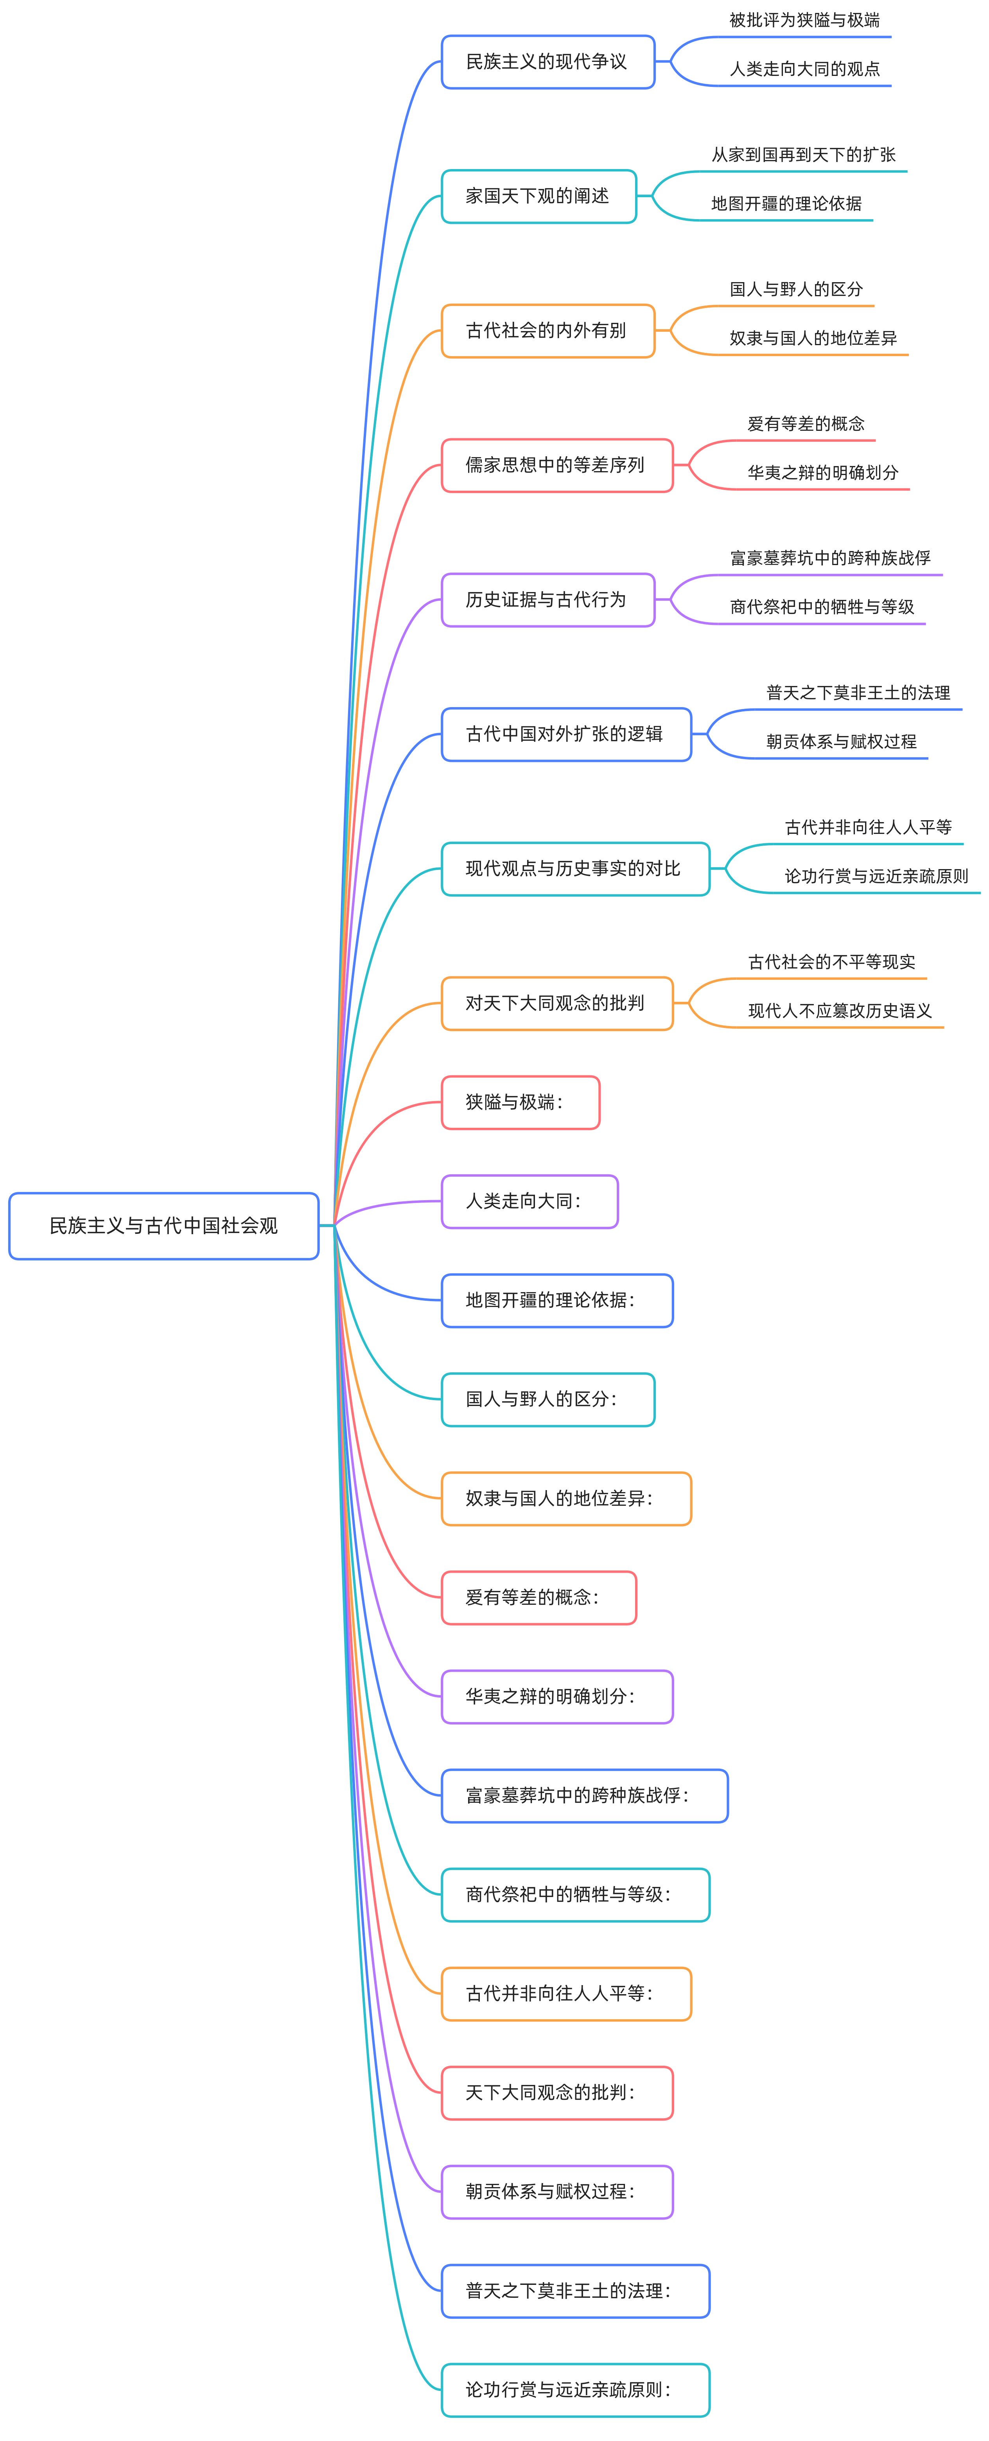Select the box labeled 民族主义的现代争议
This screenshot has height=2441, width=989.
[547, 61]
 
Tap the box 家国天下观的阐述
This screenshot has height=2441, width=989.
[538, 196]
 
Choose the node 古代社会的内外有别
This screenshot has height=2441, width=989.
[547, 331]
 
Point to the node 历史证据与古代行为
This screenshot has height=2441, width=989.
[547, 600]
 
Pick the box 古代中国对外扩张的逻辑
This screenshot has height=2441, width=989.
[565, 734]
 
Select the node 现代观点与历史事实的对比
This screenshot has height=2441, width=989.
[575, 869]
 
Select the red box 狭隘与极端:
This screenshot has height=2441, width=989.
[520, 1103]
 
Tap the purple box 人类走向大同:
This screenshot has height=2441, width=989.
[530, 1202]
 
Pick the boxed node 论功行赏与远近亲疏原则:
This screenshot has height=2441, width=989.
[575, 2390]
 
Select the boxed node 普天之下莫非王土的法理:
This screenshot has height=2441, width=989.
[575, 2291]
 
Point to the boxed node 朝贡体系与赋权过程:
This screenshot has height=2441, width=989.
[557, 2192]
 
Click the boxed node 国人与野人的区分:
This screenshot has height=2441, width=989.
[547, 1400]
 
